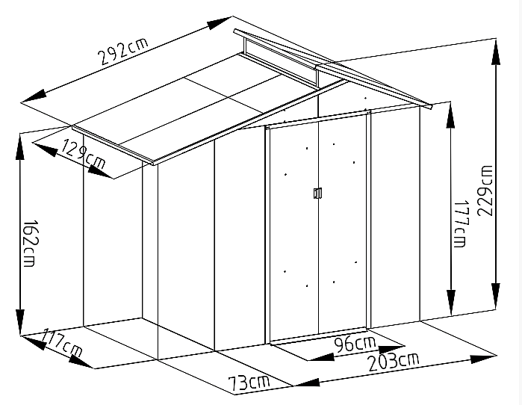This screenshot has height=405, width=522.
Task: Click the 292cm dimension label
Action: (x=122, y=51)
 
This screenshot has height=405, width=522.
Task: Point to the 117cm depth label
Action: (x=62, y=344)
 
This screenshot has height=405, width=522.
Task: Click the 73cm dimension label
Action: (x=249, y=383)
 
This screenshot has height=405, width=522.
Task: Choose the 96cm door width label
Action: (x=355, y=344)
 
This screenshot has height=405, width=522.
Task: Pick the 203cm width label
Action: (x=394, y=362)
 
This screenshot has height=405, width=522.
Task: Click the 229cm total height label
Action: (x=485, y=191)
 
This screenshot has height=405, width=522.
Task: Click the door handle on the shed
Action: (x=317, y=194)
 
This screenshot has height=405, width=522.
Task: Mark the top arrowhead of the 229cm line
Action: (x=496, y=51)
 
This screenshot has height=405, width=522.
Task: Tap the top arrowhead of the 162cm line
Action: (x=20, y=147)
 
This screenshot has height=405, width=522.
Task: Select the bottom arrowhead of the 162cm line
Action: (x=20, y=322)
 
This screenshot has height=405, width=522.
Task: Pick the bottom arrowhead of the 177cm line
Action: (x=451, y=303)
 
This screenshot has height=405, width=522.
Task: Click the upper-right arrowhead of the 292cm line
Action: (x=219, y=22)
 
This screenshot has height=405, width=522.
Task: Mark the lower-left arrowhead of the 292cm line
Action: (x=34, y=95)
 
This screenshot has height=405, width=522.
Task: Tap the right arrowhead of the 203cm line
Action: (x=482, y=359)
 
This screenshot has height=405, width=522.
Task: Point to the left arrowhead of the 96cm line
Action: (x=320, y=358)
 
